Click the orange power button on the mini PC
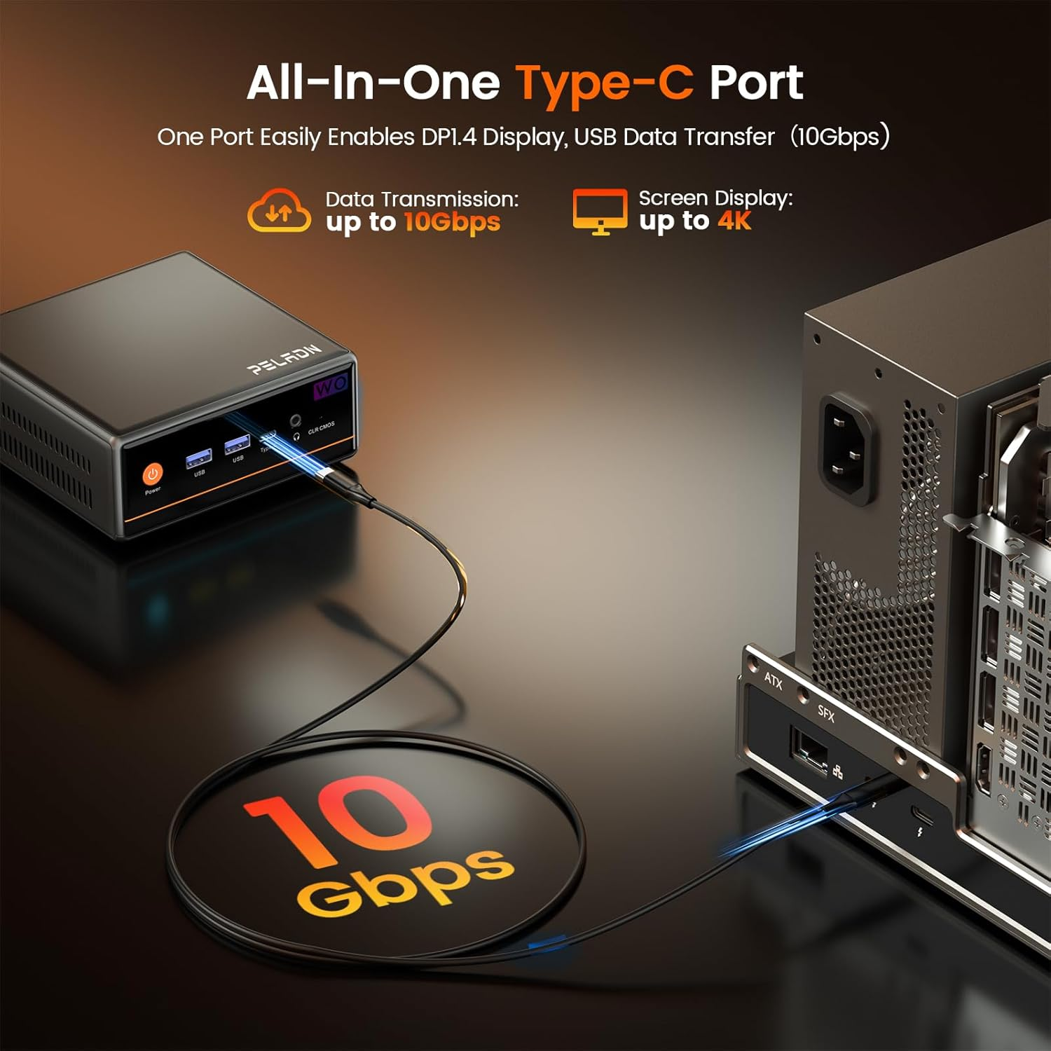[152, 474]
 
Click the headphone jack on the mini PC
[296, 420]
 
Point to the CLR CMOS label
[321, 427]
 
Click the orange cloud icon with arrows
[278, 211]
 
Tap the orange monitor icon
[600, 210]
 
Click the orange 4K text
[734, 221]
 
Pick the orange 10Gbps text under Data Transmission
[452, 223]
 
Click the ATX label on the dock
[773, 680]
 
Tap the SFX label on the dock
[826, 714]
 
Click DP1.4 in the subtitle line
[449, 137]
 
